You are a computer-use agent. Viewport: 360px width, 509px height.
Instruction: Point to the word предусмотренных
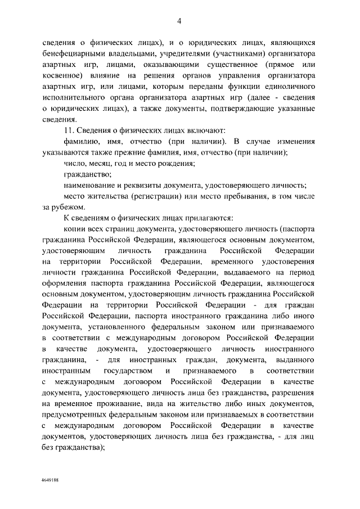78,415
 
